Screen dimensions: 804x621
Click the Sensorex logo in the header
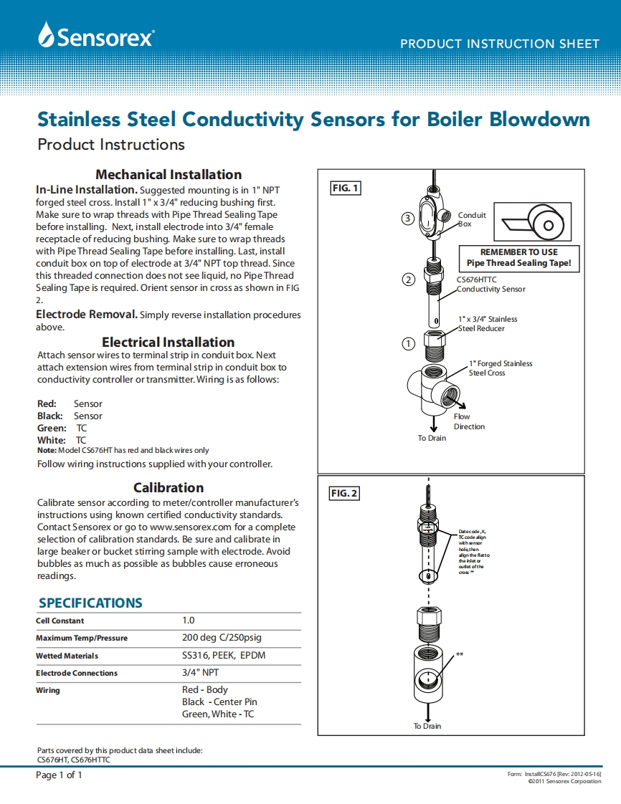pyautogui.click(x=95, y=35)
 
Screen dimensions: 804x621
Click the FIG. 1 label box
pyautogui.click(x=345, y=188)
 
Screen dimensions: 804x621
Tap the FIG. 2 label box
pyautogui.click(x=344, y=494)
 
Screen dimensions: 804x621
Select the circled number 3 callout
pyautogui.click(x=407, y=218)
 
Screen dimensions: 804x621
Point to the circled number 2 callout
pyautogui.click(x=408, y=279)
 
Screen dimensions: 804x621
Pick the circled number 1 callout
pyautogui.click(x=408, y=343)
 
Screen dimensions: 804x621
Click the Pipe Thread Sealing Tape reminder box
pyautogui.click(x=518, y=258)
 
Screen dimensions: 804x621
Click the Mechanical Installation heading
pyautogui.click(x=169, y=174)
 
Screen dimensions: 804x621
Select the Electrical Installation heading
pyautogui.click(x=168, y=342)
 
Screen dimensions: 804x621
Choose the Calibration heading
pyautogui.click(x=169, y=487)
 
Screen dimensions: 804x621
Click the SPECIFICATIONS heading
pyautogui.click(x=90, y=603)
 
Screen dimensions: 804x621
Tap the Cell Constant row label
pyautogui.click(x=60, y=621)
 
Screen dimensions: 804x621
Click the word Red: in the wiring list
pyautogui.click(x=47, y=403)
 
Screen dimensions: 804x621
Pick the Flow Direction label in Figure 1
pyautogui.click(x=469, y=421)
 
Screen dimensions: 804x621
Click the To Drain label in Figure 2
pyautogui.click(x=427, y=726)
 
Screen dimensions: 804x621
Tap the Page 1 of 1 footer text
pyautogui.click(x=60, y=775)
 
